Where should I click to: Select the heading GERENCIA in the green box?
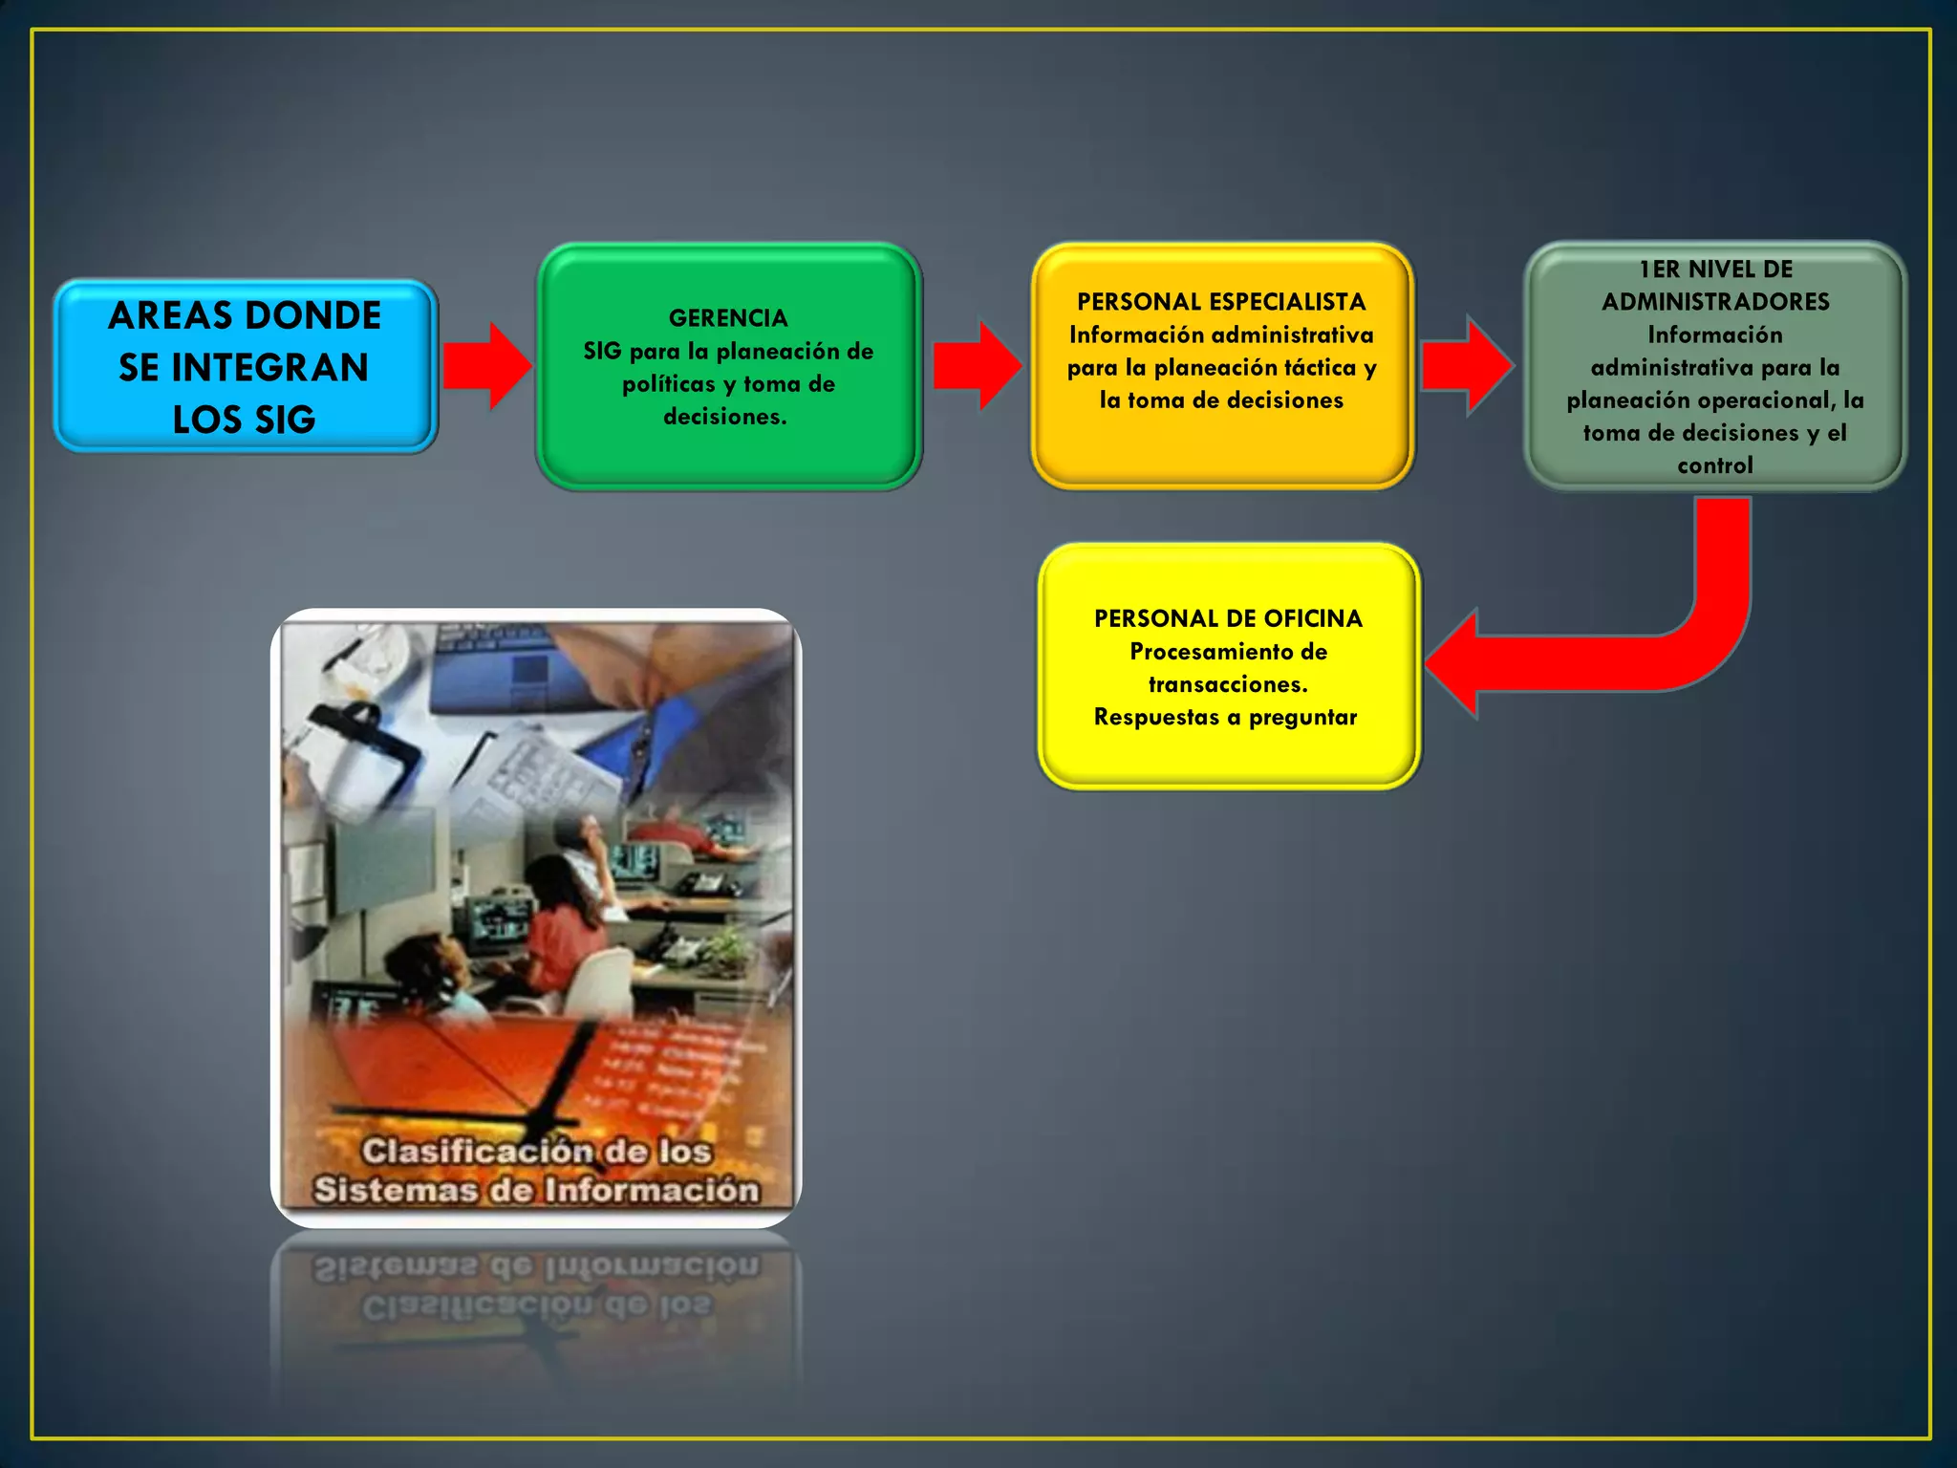click(x=728, y=318)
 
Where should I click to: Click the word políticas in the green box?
click(x=668, y=384)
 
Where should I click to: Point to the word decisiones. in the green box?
click(x=725, y=417)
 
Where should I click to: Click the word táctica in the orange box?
click(x=1320, y=368)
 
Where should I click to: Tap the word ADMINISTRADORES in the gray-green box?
click(x=1715, y=302)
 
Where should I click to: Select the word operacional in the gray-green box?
click(x=1768, y=400)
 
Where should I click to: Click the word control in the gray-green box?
click(x=1715, y=465)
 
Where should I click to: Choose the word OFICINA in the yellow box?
click(x=1312, y=619)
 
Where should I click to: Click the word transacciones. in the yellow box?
click(x=1228, y=684)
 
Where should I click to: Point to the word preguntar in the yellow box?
click(x=1302, y=718)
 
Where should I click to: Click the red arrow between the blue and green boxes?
click(x=487, y=366)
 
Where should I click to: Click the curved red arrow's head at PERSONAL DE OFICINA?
click(x=1457, y=663)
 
